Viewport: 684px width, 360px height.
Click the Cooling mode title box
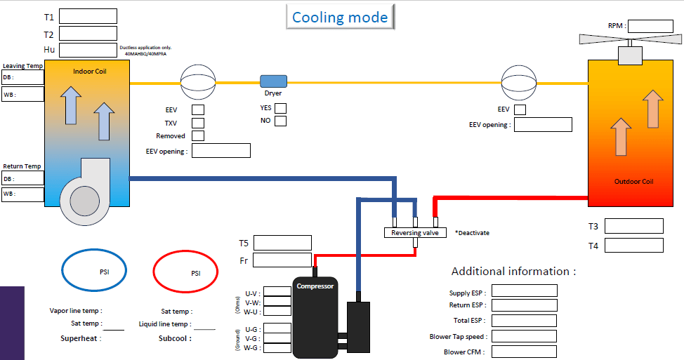(340, 17)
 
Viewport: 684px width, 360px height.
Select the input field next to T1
(88, 16)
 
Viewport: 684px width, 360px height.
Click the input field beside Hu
(88, 50)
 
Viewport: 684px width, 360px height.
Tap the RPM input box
(645, 26)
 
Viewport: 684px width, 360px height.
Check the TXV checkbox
(198, 123)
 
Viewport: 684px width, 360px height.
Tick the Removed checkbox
(198, 135)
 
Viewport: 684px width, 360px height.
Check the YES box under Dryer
(280, 108)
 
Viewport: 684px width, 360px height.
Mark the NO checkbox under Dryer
(280, 121)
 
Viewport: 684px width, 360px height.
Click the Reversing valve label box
(415, 232)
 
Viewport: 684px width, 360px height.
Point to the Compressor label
(315, 286)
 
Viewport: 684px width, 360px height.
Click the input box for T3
(633, 226)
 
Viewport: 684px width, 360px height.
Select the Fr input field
(282, 260)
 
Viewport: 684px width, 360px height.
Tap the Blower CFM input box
(525, 352)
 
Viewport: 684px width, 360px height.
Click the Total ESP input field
(525, 321)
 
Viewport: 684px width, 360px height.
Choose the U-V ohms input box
(277, 291)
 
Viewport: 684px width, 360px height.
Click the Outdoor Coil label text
(633, 182)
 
